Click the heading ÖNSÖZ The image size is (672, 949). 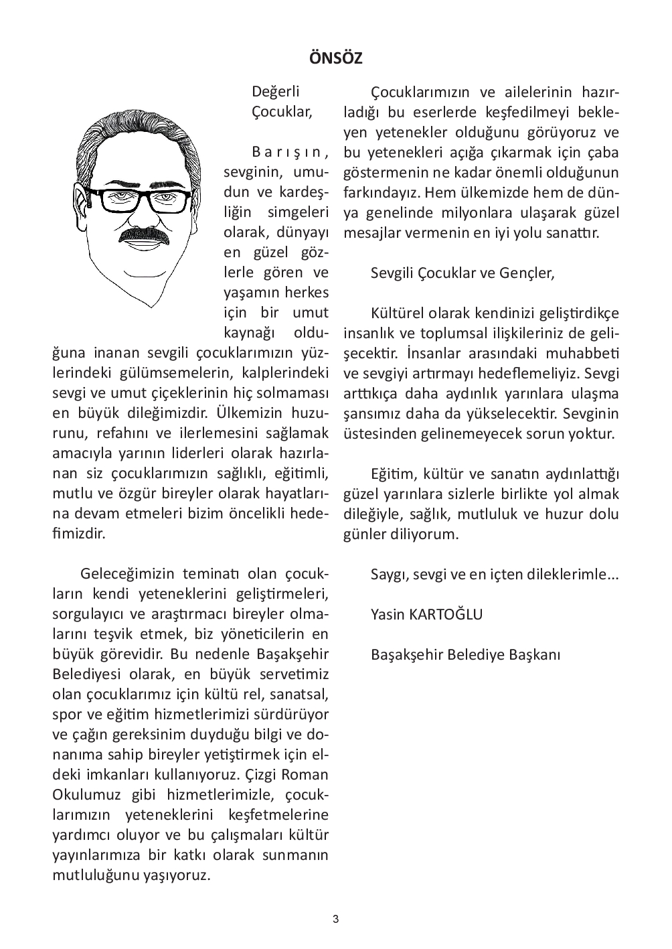click(336, 58)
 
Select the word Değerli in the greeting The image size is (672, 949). click(276, 92)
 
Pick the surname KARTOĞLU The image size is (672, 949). click(445, 614)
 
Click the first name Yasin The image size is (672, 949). click(388, 614)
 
